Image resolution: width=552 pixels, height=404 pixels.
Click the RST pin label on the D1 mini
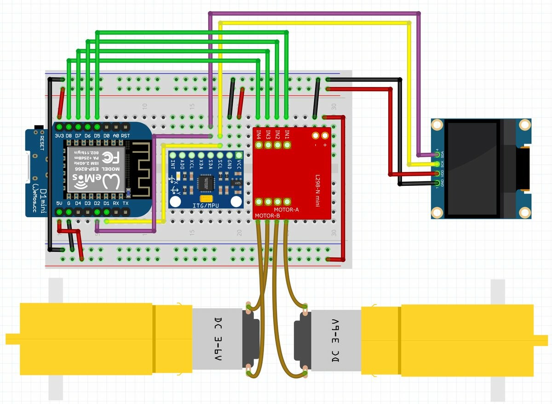click(x=126, y=136)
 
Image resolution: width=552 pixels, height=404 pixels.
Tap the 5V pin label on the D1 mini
click(x=59, y=203)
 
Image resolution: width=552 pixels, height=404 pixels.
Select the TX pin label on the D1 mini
click(x=126, y=203)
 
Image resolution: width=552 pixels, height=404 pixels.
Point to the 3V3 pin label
click(x=59, y=136)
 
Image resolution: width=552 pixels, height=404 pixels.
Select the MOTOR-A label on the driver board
click(x=287, y=210)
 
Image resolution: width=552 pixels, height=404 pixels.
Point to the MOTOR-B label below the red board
click(x=267, y=215)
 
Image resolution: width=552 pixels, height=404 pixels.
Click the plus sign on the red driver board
click(x=325, y=144)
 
